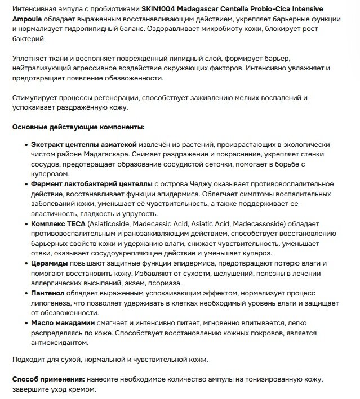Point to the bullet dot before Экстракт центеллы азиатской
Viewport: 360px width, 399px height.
26,145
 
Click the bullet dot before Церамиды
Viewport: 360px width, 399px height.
26,263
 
